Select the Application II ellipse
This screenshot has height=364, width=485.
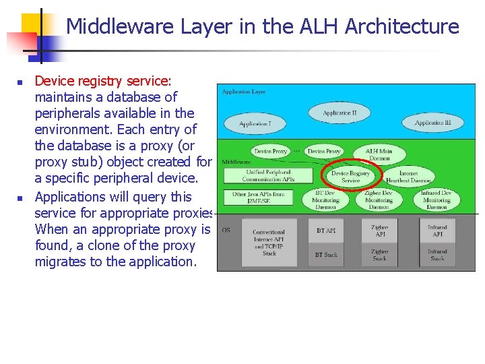(339, 113)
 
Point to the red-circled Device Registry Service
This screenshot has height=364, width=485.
(350, 177)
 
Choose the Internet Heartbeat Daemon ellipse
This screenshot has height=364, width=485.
(408, 177)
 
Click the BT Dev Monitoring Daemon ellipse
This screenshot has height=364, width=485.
(326, 200)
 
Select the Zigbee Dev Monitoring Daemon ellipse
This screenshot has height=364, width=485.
(379, 200)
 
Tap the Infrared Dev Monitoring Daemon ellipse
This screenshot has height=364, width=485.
(436, 200)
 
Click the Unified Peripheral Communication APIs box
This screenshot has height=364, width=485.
(269, 176)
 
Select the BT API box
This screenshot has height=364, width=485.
(326, 231)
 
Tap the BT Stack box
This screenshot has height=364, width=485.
(326, 255)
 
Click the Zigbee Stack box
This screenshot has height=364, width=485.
(379, 255)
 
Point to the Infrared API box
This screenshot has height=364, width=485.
(437, 231)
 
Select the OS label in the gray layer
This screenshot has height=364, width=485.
(226, 230)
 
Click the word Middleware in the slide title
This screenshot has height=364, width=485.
(120, 26)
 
